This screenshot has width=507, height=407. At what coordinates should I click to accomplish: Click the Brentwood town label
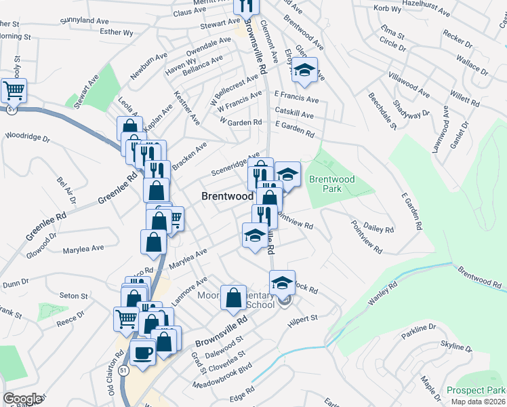tap(227, 196)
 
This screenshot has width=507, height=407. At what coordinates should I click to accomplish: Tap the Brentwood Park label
tap(332, 184)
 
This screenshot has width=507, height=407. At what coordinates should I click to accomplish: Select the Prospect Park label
tap(476, 391)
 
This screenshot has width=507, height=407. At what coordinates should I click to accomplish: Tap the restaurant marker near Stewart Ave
tap(245, 7)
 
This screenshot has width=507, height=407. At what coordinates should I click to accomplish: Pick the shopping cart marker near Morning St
tap(14, 90)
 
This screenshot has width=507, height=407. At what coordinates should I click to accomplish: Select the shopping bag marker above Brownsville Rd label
tap(233, 298)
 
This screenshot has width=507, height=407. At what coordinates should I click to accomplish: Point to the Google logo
tap(22, 399)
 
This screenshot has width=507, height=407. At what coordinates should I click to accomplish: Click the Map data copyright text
tap(479, 402)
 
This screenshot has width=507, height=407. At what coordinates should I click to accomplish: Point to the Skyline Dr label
tap(456, 348)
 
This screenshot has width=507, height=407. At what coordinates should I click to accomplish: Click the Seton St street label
tap(74, 296)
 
